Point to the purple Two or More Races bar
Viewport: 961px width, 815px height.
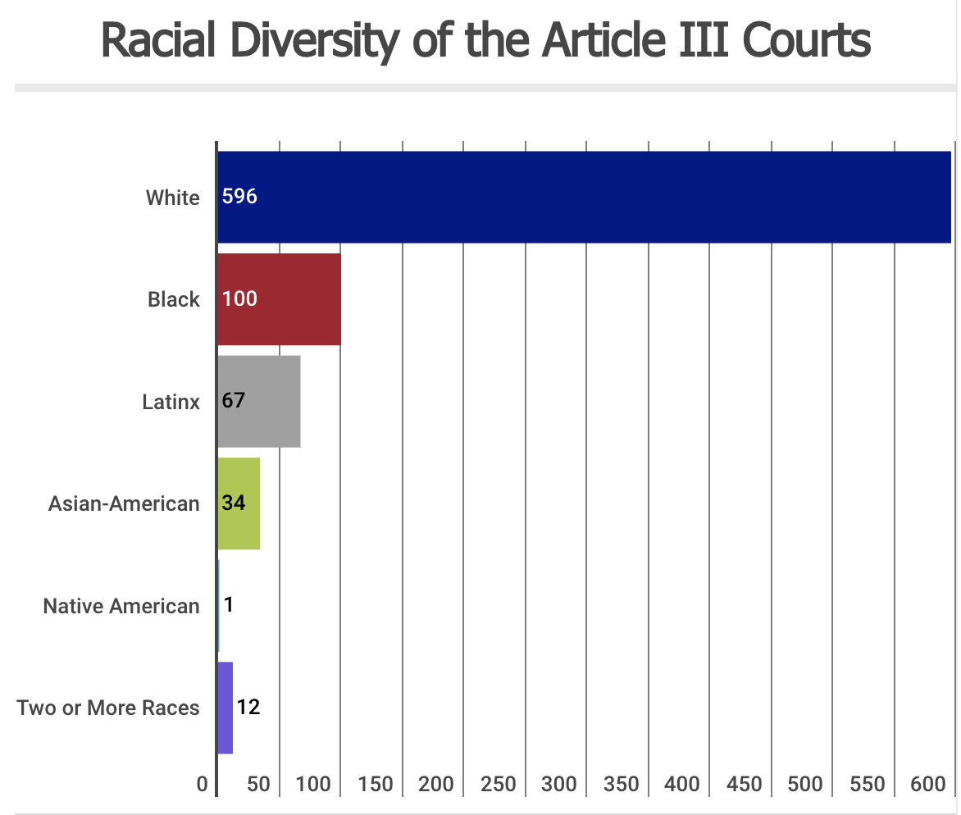pos(225,707)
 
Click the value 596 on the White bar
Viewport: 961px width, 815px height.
pos(239,198)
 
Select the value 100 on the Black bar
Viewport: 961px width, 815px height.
pos(239,299)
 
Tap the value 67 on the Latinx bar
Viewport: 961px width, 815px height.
pos(234,401)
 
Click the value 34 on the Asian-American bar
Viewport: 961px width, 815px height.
pos(234,503)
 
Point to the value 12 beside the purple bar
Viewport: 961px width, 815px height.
pos(248,707)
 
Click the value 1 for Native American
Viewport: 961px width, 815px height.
pos(229,605)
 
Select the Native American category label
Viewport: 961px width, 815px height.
pos(121,606)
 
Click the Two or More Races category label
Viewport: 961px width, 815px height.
pos(108,708)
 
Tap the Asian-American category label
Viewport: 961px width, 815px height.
pos(124,503)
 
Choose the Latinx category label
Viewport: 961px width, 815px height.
pos(171,402)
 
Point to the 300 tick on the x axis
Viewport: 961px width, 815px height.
pos(559,785)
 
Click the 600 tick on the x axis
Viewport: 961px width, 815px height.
pos(928,785)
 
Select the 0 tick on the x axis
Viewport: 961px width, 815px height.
pos(203,785)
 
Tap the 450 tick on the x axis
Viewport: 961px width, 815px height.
pos(744,785)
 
